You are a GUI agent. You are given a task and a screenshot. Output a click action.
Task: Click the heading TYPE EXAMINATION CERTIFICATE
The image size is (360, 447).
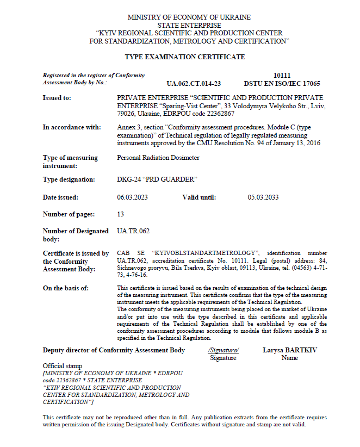click(x=185, y=57)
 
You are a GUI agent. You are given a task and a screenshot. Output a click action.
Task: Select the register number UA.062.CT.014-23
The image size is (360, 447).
click(x=194, y=84)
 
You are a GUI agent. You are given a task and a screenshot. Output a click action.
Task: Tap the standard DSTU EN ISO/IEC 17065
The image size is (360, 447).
click(x=282, y=84)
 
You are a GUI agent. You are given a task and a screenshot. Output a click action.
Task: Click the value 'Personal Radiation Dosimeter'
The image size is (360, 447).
click(x=158, y=158)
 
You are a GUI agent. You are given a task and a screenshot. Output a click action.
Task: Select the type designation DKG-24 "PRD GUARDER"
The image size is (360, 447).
click(x=157, y=179)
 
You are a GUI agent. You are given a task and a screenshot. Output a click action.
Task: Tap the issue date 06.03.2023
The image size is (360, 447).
click(x=133, y=197)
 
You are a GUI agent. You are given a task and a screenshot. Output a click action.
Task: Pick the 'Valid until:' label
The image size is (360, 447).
click(x=199, y=197)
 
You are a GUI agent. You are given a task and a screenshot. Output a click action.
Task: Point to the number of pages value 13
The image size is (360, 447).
click(x=121, y=214)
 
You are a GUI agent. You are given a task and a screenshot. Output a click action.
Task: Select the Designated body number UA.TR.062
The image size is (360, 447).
click(x=133, y=231)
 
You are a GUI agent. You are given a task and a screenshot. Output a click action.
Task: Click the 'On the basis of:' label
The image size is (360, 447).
click(x=66, y=288)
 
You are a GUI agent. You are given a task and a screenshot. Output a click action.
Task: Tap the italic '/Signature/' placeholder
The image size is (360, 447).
click(x=223, y=350)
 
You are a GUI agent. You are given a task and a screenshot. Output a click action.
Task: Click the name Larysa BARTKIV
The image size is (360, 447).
click(x=290, y=350)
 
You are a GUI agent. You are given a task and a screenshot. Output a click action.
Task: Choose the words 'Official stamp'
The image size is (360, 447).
click(x=63, y=365)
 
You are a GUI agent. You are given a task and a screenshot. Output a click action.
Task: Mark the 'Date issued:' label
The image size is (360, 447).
click(x=60, y=197)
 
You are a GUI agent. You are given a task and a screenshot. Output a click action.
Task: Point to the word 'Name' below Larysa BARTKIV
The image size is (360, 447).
click(x=290, y=358)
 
